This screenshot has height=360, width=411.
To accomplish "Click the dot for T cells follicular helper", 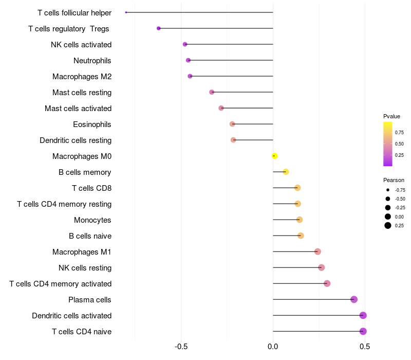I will click(126, 12).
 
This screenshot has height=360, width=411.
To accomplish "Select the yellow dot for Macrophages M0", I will click(274, 156).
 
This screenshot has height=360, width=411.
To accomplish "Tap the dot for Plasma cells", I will click(353, 299).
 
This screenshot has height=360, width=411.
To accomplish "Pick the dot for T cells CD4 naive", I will click(363, 331).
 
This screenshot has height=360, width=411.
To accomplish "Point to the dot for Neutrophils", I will click(188, 60).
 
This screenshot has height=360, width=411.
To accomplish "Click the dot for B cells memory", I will click(286, 172).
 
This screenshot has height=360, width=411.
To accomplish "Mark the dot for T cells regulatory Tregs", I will click(158, 28).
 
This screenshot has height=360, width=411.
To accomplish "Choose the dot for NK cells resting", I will click(321, 267).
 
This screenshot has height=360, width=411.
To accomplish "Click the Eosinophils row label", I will click(92, 124).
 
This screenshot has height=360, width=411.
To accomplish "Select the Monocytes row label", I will click(92, 220).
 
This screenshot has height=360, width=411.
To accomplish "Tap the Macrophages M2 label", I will click(82, 77).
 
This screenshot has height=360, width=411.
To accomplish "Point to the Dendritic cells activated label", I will click(71, 316).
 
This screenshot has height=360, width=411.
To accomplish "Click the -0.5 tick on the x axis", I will click(181, 347).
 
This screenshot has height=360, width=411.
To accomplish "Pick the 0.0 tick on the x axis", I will click(273, 347).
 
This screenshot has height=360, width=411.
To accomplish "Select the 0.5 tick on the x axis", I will click(365, 347).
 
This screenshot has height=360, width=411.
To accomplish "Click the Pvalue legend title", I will click(391, 116).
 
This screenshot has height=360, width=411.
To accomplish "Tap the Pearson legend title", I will click(394, 180).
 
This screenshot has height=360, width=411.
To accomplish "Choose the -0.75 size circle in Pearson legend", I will click(388, 190).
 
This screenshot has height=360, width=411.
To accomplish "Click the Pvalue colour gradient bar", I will click(388, 144).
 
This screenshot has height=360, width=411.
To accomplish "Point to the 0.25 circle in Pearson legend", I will click(388, 225).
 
